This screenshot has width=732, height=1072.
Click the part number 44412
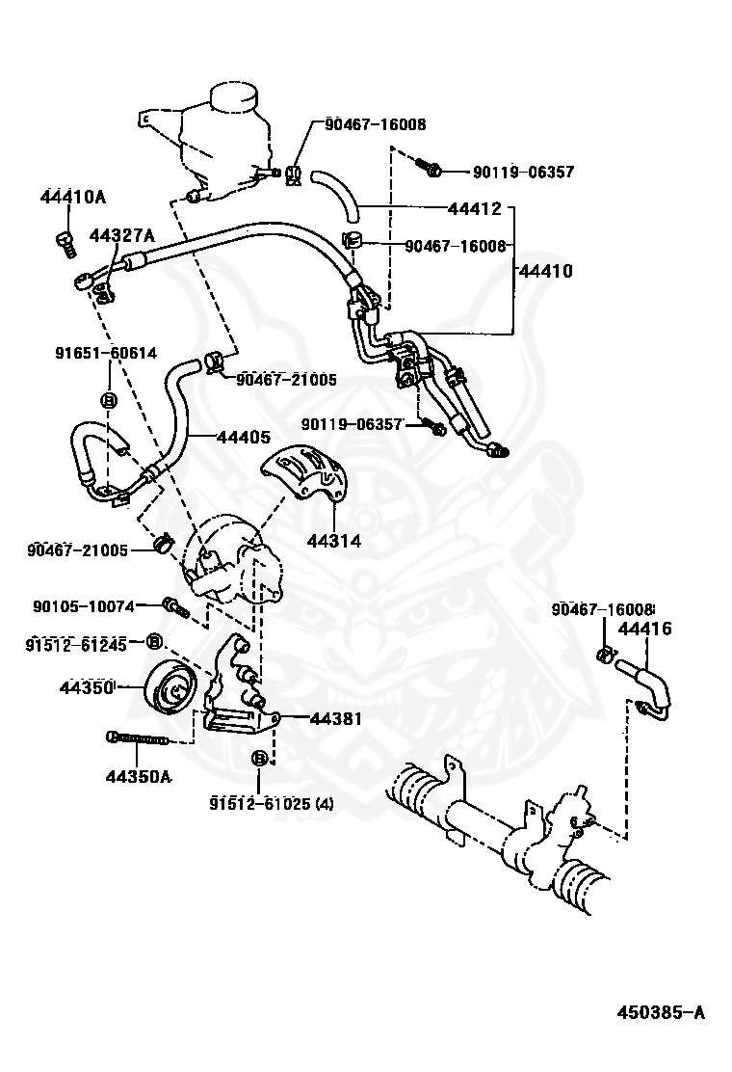point(475,208)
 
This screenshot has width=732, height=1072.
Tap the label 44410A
point(73,197)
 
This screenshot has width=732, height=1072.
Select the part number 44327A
point(122,236)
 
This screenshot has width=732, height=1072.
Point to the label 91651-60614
point(106,353)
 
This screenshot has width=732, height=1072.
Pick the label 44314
point(334,541)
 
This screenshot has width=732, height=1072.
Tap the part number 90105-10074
point(83,605)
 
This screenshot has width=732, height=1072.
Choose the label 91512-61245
point(76,644)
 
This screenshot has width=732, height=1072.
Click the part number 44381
point(337,718)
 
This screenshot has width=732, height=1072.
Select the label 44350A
point(138,777)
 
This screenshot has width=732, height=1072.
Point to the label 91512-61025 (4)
point(272,803)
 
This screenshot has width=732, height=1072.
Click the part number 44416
point(645,629)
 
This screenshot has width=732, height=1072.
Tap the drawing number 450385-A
point(661,1012)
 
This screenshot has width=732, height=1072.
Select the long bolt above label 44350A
point(137,737)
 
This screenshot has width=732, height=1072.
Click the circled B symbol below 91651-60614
point(109,401)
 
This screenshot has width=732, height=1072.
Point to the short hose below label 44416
point(643,687)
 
